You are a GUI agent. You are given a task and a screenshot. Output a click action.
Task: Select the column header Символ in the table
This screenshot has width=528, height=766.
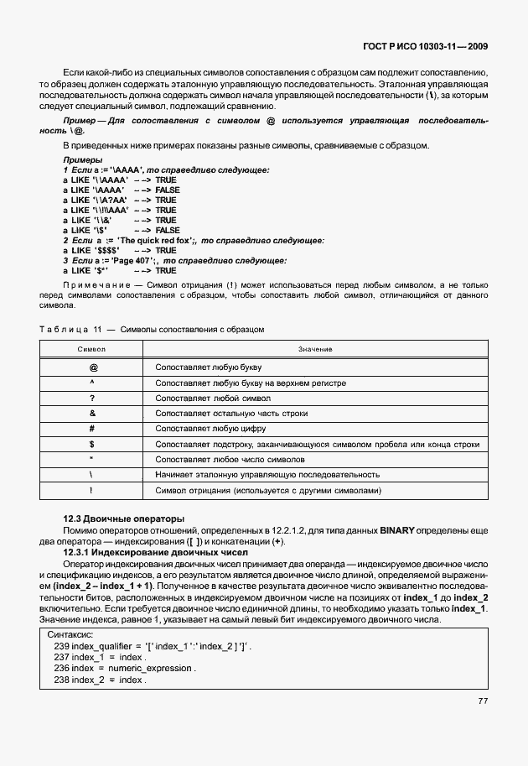[x=92, y=348]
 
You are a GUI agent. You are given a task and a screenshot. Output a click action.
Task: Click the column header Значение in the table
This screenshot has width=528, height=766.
[x=315, y=348]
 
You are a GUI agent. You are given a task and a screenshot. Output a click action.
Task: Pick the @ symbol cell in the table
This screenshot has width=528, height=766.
[x=92, y=367]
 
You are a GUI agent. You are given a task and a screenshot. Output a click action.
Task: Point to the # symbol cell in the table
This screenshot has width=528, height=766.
[x=92, y=429]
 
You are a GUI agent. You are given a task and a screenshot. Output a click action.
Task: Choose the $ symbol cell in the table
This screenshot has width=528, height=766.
[x=92, y=444]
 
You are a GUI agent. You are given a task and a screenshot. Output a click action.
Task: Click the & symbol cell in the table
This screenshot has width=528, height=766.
[x=92, y=414]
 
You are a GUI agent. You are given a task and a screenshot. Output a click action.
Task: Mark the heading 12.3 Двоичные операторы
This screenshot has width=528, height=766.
[x=124, y=518]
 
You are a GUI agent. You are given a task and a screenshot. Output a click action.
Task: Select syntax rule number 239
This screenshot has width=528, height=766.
[x=60, y=647]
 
